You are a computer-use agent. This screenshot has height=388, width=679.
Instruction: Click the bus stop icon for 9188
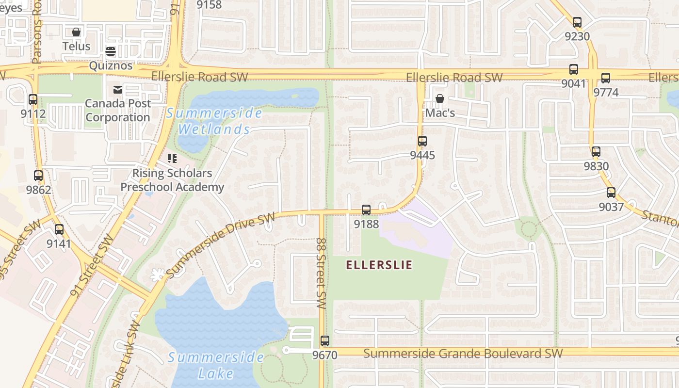coord(366,210)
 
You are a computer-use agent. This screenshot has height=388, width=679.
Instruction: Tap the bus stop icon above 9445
coord(422,141)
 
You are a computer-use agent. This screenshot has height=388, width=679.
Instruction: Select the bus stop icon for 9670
coord(325,341)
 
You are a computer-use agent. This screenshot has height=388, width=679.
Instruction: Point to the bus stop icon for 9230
coord(577,22)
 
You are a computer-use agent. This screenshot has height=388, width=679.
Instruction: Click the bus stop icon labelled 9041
coord(574,69)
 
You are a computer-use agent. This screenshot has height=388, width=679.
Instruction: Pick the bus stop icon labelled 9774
coord(606,78)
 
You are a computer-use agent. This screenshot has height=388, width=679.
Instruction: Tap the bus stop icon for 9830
coord(596,152)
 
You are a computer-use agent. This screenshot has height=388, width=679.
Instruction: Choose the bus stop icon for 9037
coord(611,193)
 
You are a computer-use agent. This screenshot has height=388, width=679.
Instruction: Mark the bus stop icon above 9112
coord(33,99)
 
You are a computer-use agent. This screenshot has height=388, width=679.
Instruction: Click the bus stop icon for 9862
coord(38,176)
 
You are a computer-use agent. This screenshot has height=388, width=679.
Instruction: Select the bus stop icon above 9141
coord(59,229)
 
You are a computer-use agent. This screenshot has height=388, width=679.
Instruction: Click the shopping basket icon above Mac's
coord(440,99)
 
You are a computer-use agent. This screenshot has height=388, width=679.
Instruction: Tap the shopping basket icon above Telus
coord(76,32)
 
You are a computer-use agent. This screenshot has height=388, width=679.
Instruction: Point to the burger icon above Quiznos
coord(111,51)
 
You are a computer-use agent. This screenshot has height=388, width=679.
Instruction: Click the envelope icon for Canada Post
coord(118,89)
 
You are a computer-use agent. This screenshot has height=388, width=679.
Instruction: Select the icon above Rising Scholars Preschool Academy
coord(172,159)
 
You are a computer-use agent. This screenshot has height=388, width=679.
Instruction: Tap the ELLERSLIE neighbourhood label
coord(379,265)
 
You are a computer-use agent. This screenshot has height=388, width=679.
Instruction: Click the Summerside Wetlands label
coord(214,121)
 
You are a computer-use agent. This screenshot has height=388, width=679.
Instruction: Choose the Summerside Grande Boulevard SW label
coord(463,353)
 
